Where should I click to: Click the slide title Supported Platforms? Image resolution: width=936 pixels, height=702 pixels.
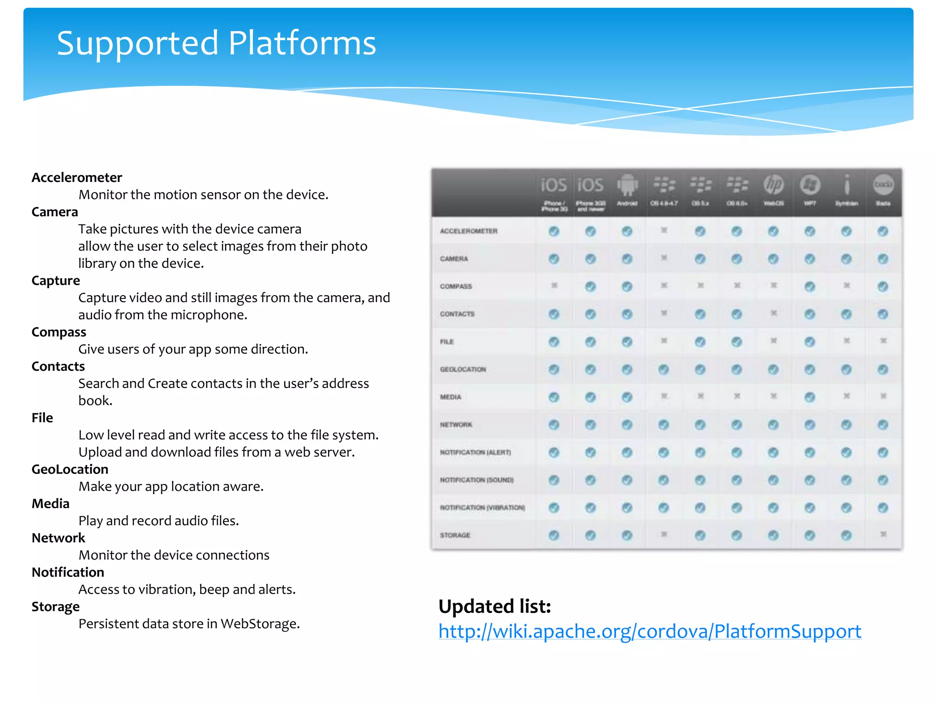tap(216, 43)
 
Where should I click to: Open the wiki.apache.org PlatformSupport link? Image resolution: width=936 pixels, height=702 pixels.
tap(649, 631)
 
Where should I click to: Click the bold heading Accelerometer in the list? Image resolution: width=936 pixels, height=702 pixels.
tap(77, 177)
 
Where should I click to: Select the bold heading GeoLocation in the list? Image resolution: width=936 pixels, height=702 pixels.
tap(70, 469)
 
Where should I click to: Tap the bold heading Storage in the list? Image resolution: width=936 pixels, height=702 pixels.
tap(55, 607)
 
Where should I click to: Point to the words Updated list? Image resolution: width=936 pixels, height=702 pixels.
tap(495, 606)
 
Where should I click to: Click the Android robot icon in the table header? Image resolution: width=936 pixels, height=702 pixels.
tap(627, 185)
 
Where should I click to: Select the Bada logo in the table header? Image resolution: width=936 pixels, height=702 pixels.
tap(883, 184)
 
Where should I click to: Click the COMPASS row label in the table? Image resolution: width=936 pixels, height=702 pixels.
tap(456, 287)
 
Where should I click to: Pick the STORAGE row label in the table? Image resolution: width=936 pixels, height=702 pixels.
tap(455, 535)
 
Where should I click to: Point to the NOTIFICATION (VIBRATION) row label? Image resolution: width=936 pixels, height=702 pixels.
tap(482, 508)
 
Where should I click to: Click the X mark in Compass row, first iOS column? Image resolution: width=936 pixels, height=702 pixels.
tap(554, 286)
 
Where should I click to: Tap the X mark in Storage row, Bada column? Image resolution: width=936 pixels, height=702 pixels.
tap(883, 534)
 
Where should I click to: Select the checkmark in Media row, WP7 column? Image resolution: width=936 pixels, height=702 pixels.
tap(810, 397)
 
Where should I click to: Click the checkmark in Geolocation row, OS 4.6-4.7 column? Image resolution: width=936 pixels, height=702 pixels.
tap(664, 369)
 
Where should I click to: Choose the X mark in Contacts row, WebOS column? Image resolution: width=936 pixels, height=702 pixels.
tap(773, 314)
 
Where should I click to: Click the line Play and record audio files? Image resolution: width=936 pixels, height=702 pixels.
tap(159, 521)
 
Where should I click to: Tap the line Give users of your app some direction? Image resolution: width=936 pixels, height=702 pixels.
tap(193, 349)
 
